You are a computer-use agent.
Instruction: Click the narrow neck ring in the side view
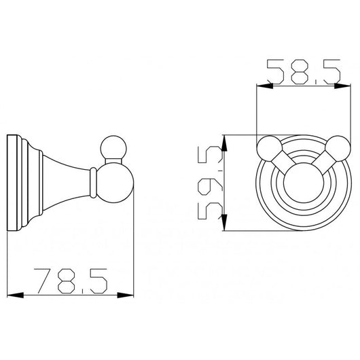pyautogui.click(x=91, y=181)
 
